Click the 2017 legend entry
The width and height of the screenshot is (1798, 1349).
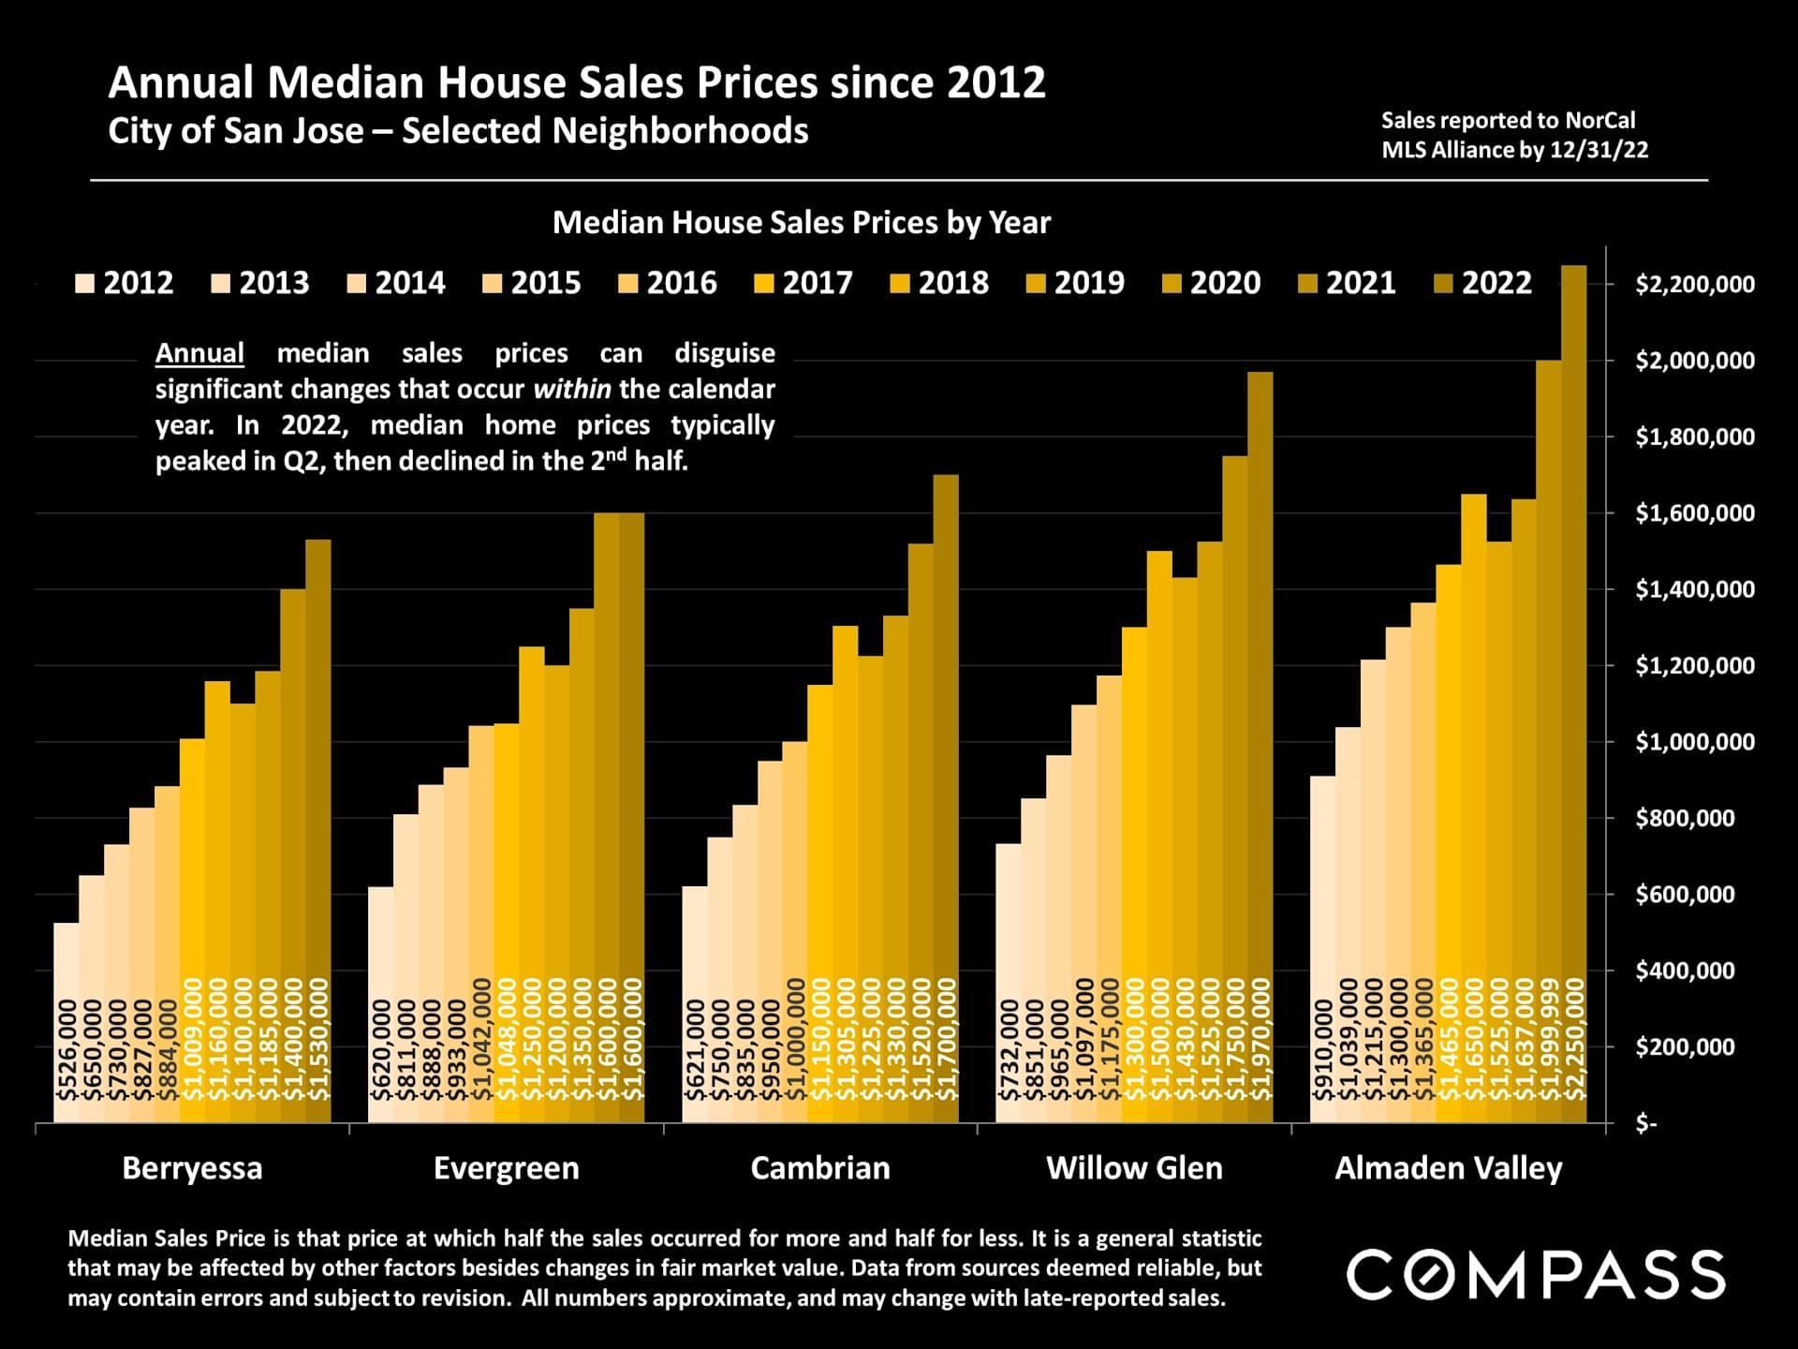click(803, 283)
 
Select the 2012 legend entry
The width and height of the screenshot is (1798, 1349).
click(125, 283)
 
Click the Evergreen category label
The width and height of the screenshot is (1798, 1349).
click(506, 1168)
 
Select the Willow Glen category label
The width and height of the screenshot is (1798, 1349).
click(1134, 1168)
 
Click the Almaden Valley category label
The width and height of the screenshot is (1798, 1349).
click(1448, 1168)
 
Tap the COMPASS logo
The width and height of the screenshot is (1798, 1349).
click(1536, 1275)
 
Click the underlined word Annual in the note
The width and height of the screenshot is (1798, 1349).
click(199, 353)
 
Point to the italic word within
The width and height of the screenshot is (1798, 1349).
click(571, 389)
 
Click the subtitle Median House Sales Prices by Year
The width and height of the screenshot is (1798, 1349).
click(802, 223)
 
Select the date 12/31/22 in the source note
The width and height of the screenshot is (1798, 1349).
click(1599, 150)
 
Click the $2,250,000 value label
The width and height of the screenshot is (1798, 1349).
click(1575, 1040)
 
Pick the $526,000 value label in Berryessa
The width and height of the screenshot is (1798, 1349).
click(66, 1050)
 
